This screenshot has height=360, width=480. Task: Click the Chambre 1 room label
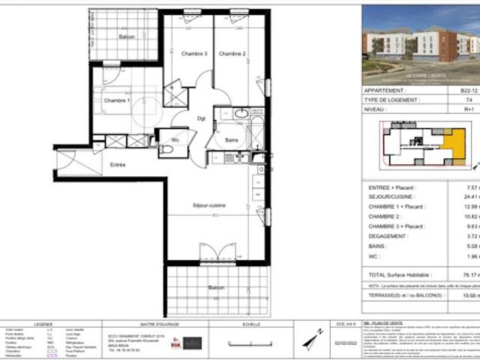[116, 100]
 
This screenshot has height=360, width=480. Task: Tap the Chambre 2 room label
[232, 54]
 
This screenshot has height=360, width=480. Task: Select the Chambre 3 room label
[194, 54]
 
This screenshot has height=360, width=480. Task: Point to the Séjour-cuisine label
[209, 205]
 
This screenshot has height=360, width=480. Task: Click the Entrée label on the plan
[118, 164]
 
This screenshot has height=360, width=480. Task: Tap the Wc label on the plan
[174, 139]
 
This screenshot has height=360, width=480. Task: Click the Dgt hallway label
[201, 118]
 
